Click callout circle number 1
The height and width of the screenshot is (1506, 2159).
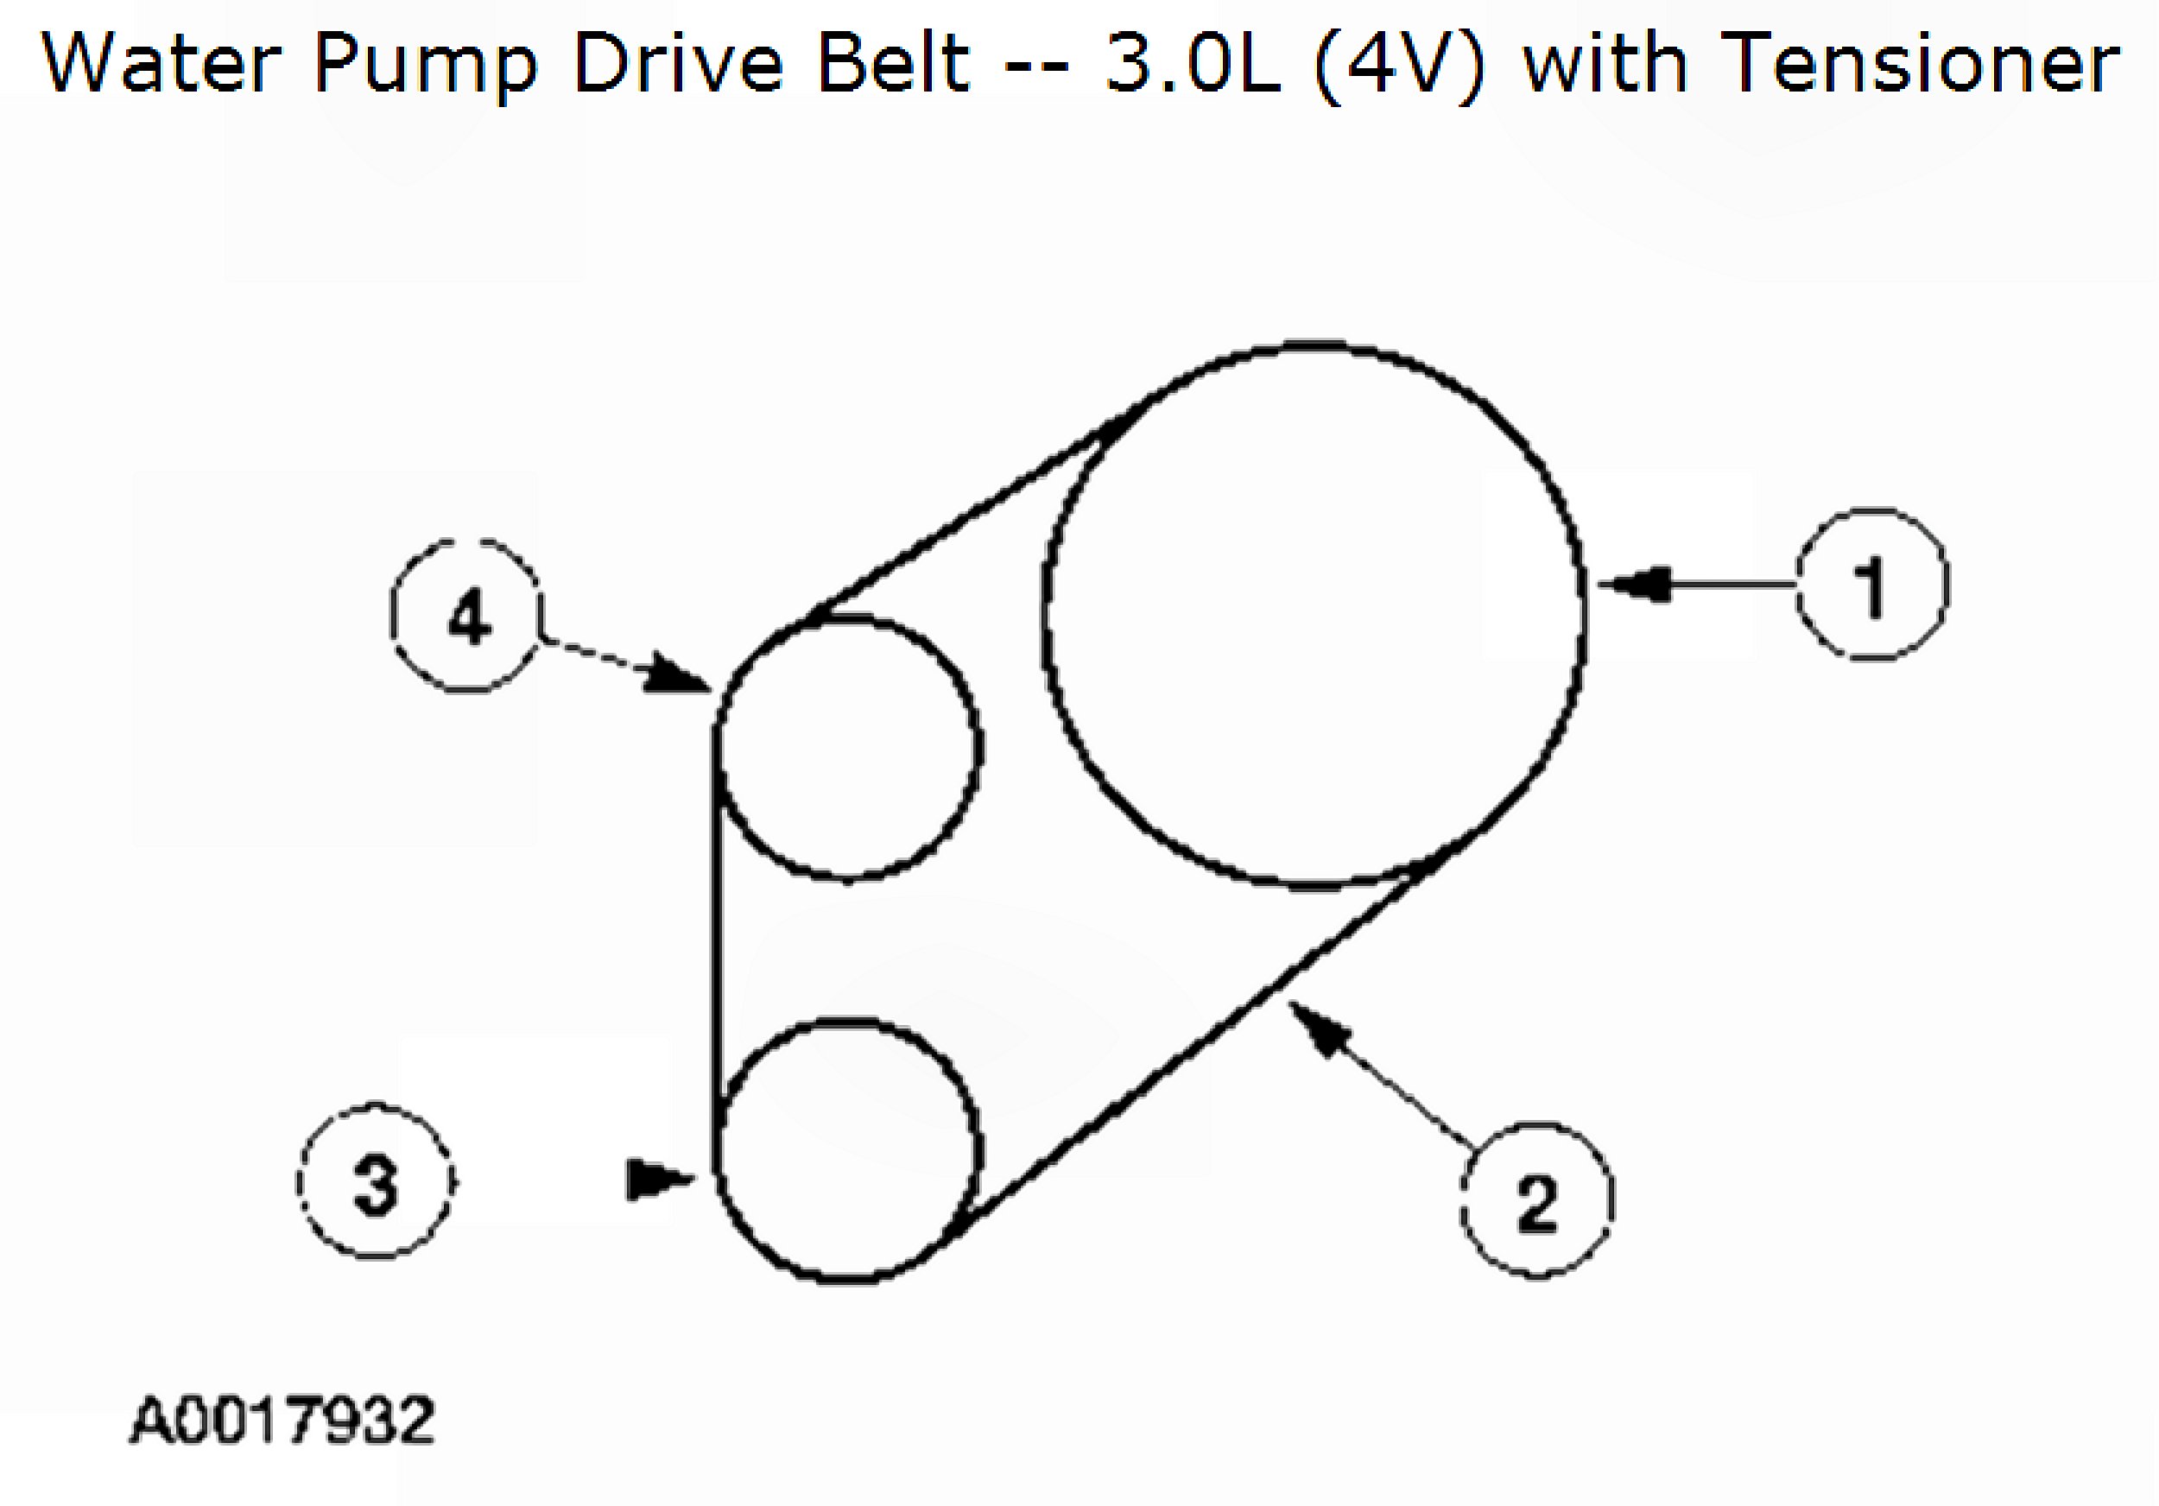(1871, 585)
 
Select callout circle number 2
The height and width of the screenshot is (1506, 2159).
(1536, 1201)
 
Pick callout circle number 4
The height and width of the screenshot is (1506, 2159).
(466, 617)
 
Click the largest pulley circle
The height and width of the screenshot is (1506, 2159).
(1314, 616)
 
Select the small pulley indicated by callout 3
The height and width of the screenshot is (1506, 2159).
(847, 1148)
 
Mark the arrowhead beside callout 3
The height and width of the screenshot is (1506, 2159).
(656, 1180)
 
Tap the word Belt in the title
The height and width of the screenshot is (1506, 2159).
(893, 64)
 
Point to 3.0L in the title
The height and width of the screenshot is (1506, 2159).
(1192, 64)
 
